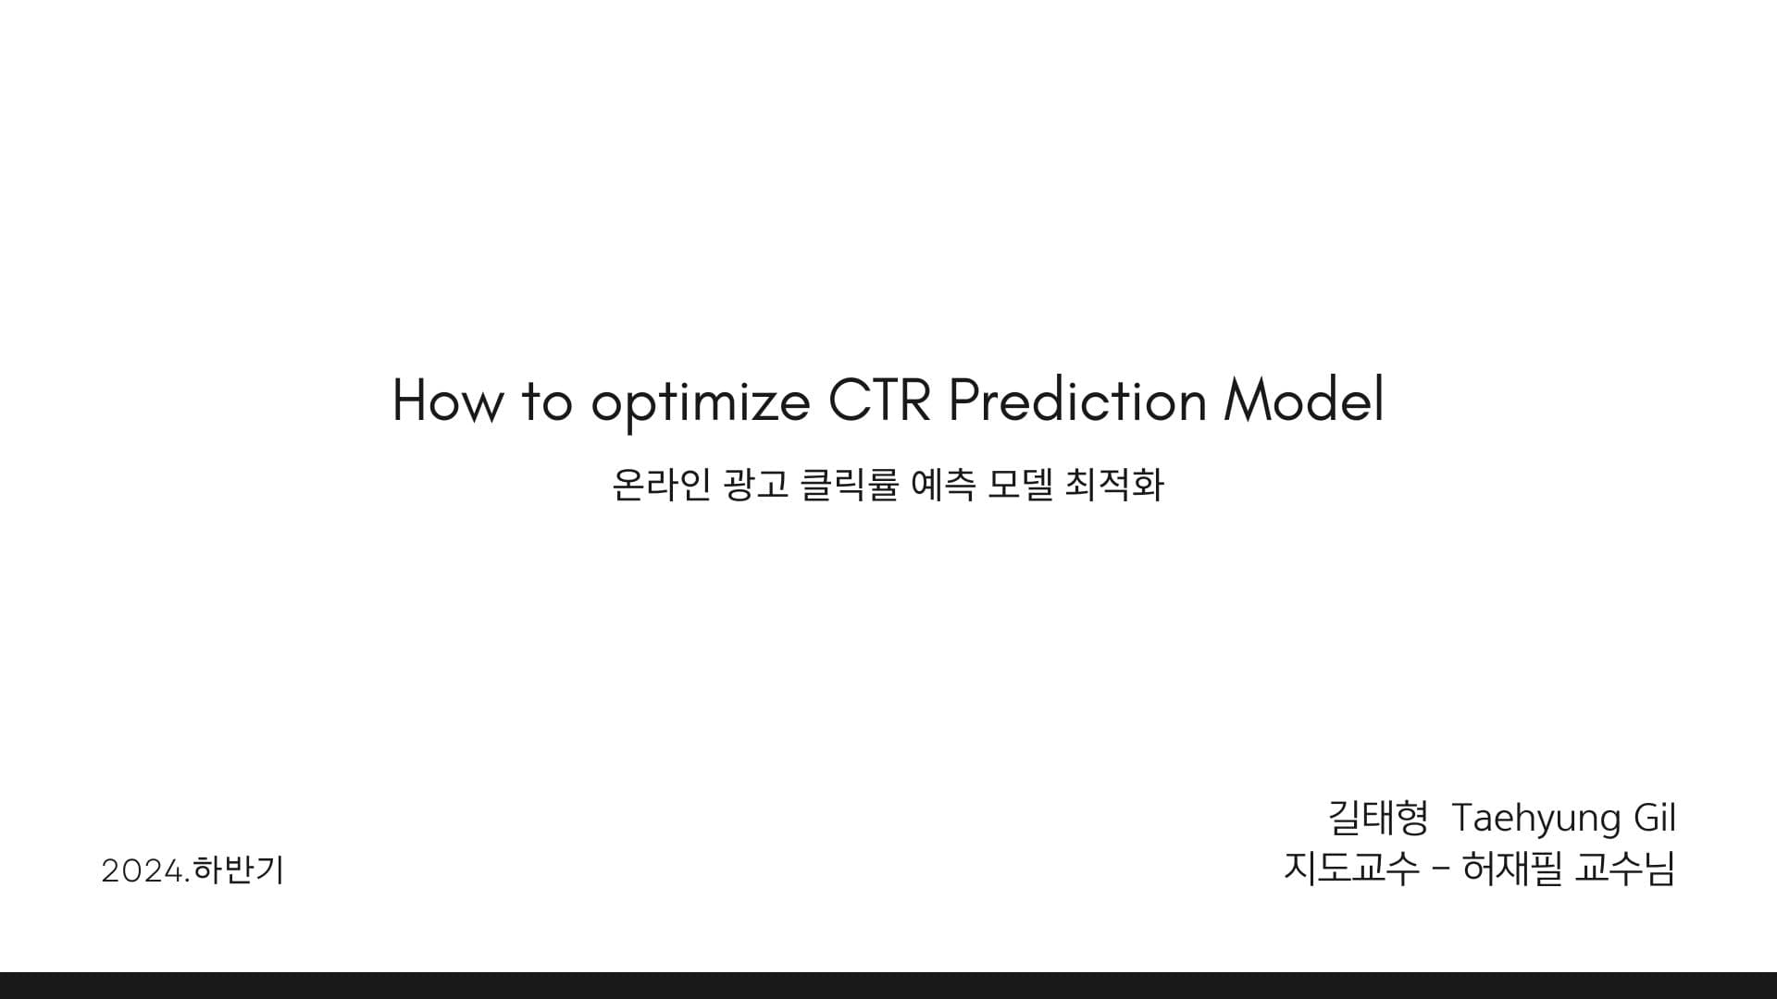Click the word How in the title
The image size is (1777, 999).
(448, 401)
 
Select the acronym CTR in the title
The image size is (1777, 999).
(878, 401)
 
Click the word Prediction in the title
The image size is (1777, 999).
(1077, 401)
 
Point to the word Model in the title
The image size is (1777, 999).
(1303, 401)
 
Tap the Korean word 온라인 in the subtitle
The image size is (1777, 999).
(661, 485)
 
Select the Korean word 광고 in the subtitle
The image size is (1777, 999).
(757, 485)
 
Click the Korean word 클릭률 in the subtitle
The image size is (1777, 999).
(849, 485)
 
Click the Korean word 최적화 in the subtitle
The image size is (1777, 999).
(1114, 485)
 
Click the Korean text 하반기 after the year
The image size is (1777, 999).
(239, 870)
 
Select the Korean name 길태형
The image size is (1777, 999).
(1378, 818)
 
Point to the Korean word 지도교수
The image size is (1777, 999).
(1351, 868)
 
